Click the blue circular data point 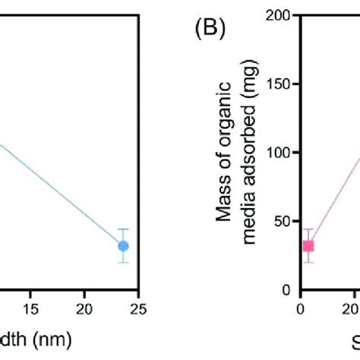point(123,245)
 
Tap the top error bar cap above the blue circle point(123,229)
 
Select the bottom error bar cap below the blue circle point(123,263)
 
